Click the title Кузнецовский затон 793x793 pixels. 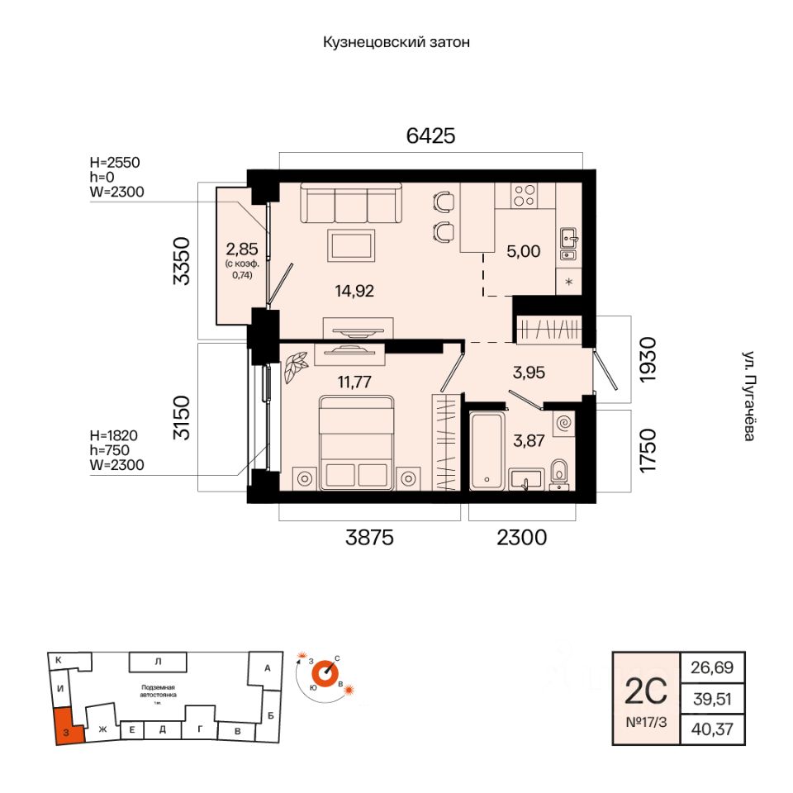pyautogui.click(x=396, y=42)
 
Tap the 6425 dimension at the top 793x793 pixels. pyautogui.click(x=430, y=135)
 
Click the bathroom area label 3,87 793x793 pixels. pyautogui.click(x=530, y=442)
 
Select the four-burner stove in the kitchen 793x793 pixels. pyautogui.click(x=525, y=195)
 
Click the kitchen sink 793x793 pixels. pyautogui.click(x=568, y=239)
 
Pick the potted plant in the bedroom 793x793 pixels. pyautogui.click(x=294, y=367)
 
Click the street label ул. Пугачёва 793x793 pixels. pyautogui.click(x=747, y=396)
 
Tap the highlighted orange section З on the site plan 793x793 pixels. pyautogui.click(x=66, y=726)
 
